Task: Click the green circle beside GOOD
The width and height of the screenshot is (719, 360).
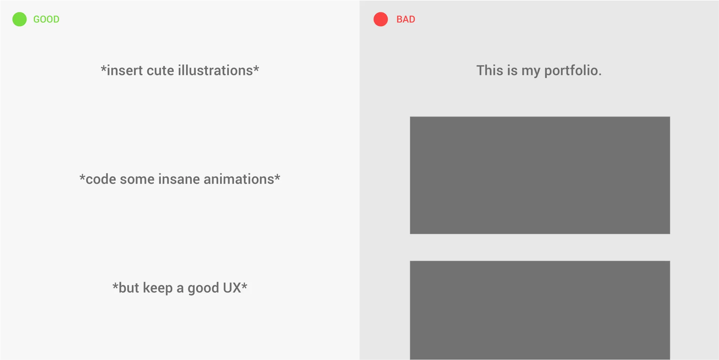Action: [x=19, y=19]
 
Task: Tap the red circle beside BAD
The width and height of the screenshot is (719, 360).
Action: [x=380, y=19]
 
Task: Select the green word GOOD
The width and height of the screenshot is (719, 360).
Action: [x=46, y=19]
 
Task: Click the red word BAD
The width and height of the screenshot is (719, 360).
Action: [x=406, y=19]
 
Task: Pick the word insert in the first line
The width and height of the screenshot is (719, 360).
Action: [x=125, y=70]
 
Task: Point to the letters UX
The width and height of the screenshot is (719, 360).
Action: [x=232, y=288]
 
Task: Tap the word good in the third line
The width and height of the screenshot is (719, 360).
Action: [x=203, y=288]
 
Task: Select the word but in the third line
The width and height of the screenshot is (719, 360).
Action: [x=129, y=288]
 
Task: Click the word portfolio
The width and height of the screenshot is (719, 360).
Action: [x=573, y=71]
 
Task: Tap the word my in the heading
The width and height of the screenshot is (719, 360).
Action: [x=531, y=72]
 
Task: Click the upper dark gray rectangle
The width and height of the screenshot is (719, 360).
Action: [x=540, y=175]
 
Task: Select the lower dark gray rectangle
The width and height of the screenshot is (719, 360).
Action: [x=540, y=311]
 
